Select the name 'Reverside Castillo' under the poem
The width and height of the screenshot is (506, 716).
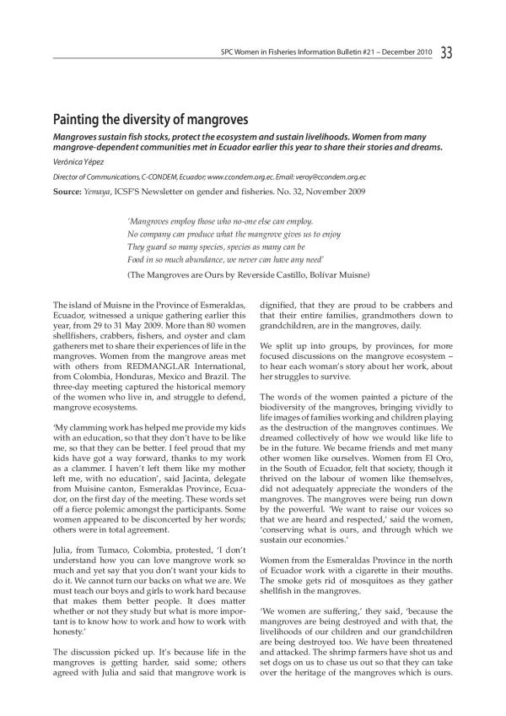coord(252,275)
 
